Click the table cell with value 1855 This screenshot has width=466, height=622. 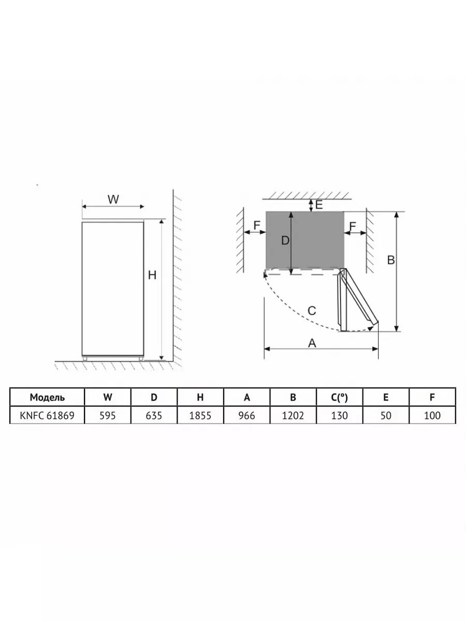pos(200,415)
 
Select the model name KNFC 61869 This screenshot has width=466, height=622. pos(47,415)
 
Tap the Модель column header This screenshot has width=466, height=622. pos(47,397)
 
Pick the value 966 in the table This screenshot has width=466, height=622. pos(246,415)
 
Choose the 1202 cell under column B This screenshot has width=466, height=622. pos(293,415)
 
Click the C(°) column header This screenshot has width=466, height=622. pos(339,397)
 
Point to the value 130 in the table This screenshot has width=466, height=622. pos(339,415)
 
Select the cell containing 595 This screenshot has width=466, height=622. pos(108,415)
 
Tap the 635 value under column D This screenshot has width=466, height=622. pos(154,415)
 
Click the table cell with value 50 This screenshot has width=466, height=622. pos(386,415)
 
